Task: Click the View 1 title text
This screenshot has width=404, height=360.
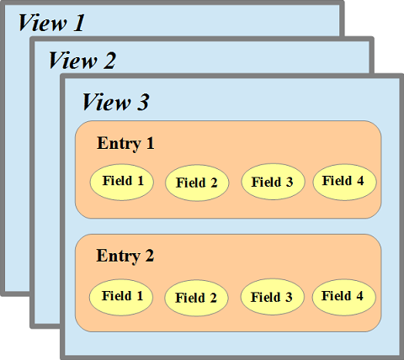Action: point(51,23)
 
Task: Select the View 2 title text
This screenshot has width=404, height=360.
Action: point(82,60)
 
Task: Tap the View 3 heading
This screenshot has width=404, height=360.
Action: point(115,103)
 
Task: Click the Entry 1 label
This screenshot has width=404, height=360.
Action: point(125,143)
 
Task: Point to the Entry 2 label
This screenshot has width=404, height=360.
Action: point(125,256)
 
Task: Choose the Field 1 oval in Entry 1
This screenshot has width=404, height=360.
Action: point(122,181)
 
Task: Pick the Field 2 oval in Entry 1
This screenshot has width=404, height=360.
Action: point(196,183)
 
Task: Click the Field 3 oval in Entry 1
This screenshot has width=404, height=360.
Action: point(272,182)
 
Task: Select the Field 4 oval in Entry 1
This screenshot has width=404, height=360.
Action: point(343,181)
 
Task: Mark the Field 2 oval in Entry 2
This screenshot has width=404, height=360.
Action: point(195,298)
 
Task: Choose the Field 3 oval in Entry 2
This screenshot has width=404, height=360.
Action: point(271,297)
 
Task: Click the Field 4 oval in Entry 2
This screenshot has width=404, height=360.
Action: point(343,296)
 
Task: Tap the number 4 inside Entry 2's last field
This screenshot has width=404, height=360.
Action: point(359,296)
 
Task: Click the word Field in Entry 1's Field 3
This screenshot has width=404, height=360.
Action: point(266,182)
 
